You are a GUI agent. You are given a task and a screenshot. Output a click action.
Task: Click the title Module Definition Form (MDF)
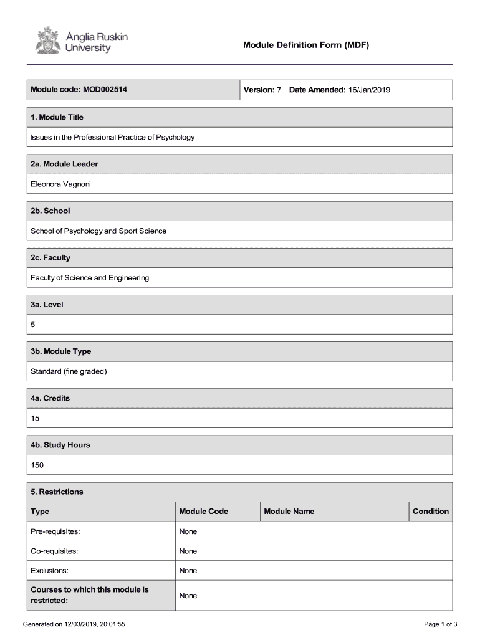point(306,45)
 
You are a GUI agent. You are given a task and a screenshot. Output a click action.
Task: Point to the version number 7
point(279,90)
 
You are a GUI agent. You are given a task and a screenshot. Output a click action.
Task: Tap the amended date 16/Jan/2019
point(368,90)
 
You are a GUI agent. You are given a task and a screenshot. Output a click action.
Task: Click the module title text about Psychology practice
point(113,137)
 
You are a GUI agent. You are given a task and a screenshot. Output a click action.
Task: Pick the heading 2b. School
point(50,211)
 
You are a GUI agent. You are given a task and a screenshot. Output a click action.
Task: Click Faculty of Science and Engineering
point(90,278)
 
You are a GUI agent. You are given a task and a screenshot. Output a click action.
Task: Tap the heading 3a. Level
point(47,305)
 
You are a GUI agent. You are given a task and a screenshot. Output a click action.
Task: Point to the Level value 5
point(34,325)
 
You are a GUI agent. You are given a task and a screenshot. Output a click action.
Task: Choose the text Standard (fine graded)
point(69,371)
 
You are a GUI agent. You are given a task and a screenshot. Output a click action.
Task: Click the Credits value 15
point(35,418)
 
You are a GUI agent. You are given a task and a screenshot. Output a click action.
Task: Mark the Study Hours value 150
point(37,465)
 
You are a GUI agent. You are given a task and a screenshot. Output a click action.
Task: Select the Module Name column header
point(289,512)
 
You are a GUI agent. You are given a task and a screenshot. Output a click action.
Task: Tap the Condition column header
point(430,512)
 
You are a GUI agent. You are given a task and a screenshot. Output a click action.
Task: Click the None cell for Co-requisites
point(188,551)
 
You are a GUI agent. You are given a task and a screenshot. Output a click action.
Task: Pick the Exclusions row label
point(50,571)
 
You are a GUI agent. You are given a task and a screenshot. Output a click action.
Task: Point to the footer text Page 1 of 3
point(441,624)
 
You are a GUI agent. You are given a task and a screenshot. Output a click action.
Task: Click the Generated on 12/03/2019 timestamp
point(74,624)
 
